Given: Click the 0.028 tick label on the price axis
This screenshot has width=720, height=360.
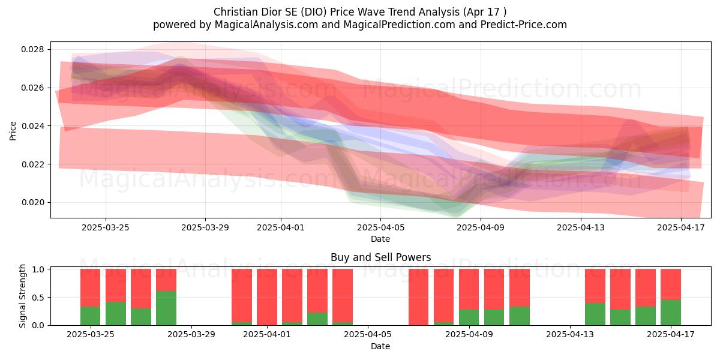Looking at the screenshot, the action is (x=32, y=49).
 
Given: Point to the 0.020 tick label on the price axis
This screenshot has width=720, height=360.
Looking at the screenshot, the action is (x=32, y=203).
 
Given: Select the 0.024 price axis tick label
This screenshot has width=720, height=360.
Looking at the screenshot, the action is (x=32, y=126).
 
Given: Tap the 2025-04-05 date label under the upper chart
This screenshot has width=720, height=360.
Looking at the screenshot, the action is (x=380, y=227).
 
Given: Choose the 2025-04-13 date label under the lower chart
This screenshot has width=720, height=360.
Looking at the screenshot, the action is (x=570, y=335).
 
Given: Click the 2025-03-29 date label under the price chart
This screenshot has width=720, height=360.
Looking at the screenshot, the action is (x=205, y=227).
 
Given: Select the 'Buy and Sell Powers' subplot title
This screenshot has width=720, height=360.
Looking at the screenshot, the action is (x=380, y=257).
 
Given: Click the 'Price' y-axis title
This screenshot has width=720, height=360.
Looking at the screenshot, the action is (x=13, y=131).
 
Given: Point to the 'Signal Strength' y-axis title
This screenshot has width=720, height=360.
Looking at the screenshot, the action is (x=22, y=296).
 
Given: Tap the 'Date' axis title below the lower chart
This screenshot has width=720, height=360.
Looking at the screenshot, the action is (x=380, y=347).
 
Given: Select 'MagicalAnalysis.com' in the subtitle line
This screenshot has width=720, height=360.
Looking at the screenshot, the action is (x=266, y=25).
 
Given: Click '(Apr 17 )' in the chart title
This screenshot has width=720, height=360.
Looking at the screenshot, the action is (x=485, y=12).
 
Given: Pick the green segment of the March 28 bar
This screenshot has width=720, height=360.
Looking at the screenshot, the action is (x=166, y=308).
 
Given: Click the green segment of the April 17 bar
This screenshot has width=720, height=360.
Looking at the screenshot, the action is (x=671, y=313).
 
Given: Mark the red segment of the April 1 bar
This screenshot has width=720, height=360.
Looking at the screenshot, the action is (x=267, y=297).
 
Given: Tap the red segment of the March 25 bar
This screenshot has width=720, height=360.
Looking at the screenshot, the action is (x=116, y=286).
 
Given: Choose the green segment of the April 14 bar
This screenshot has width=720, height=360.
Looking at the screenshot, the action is (x=595, y=314).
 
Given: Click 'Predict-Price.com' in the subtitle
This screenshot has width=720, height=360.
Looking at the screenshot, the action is (x=524, y=25).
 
